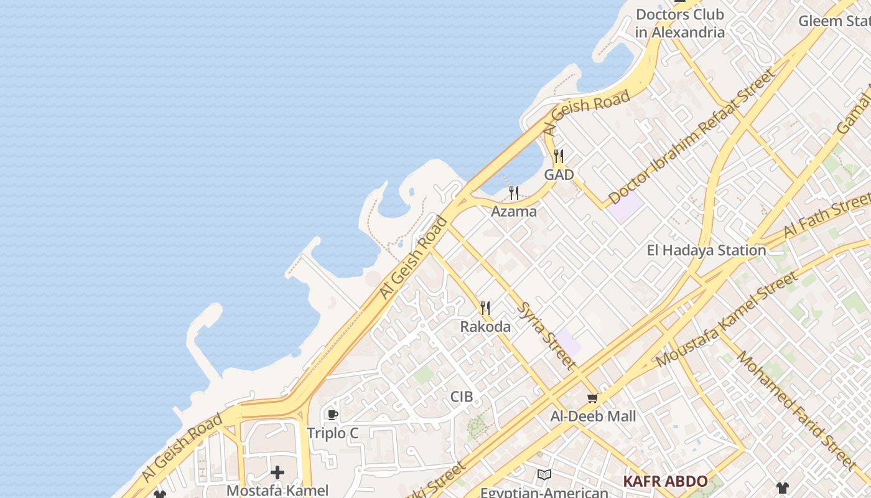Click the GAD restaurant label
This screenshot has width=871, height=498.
pyautogui.click(x=559, y=175)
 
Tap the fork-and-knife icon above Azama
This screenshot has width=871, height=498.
pyautogui.click(x=514, y=193)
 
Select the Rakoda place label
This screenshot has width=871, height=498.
pyautogui.click(x=485, y=327)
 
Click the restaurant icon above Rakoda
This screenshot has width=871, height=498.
pyautogui.click(x=485, y=308)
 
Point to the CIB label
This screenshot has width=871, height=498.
pyautogui.click(x=462, y=397)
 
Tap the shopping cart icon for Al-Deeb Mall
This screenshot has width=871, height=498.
pyautogui.click(x=593, y=398)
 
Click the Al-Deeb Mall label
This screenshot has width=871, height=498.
pyautogui.click(x=593, y=416)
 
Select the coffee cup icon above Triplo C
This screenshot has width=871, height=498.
pyautogui.click(x=333, y=415)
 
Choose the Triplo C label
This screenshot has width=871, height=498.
pyautogui.click(x=333, y=433)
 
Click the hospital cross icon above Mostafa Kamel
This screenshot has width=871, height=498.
pyautogui.click(x=277, y=472)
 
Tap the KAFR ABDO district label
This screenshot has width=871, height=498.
pyautogui.click(x=665, y=481)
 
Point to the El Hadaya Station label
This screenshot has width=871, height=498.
pyautogui.click(x=706, y=250)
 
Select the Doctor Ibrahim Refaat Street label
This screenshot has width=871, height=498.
pyautogui.click(x=692, y=136)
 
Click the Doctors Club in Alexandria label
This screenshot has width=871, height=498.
pyautogui.click(x=680, y=24)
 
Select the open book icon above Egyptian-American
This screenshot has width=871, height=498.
pyautogui.click(x=544, y=475)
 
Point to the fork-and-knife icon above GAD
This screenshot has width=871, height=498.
pyautogui.click(x=559, y=156)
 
